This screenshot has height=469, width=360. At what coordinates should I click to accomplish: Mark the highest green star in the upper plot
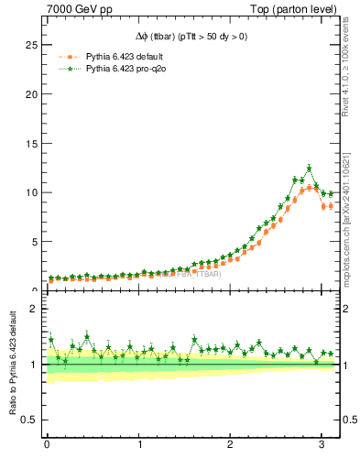pyautogui.click(x=310, y=169)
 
